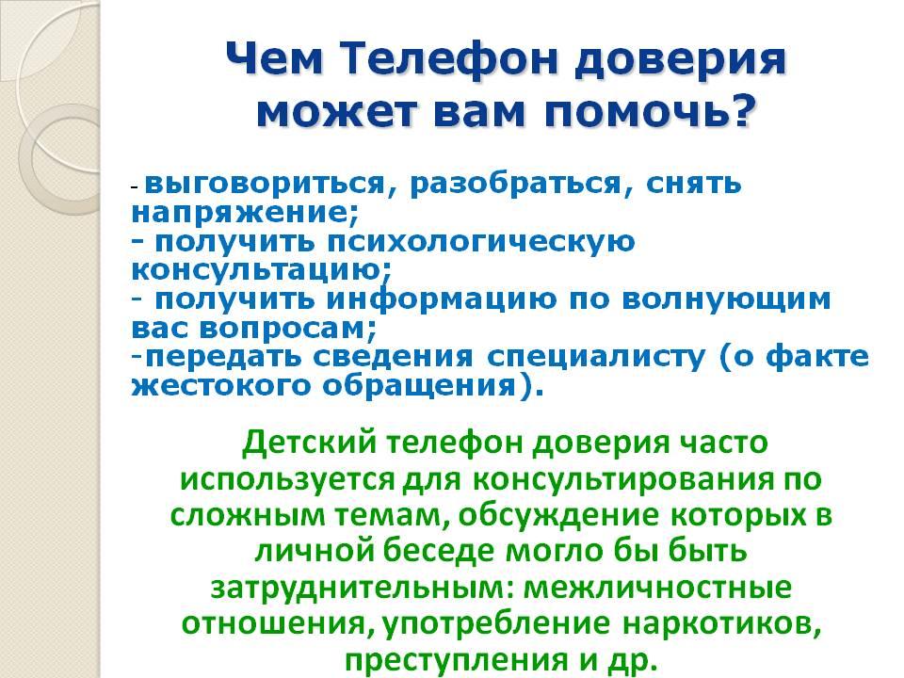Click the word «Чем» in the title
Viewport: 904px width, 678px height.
pyautogui.click(x=274, y=59)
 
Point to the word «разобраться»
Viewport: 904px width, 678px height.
pyautogui.click(x=516, y=185)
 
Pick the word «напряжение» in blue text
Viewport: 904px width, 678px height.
pyautogui.click(x=240, y=214)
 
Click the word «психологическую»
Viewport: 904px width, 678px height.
pyautogui.click(x=481, y=242)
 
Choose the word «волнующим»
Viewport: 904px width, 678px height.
pyautogui.click(x=726, y=299)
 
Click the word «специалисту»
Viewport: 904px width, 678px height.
pyautogui.click(x=596, y=358)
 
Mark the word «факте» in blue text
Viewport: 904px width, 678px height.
pyautogui.click(x=817, y=357)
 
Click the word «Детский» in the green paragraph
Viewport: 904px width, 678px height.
pyautogui.click(x=309, y=444)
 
